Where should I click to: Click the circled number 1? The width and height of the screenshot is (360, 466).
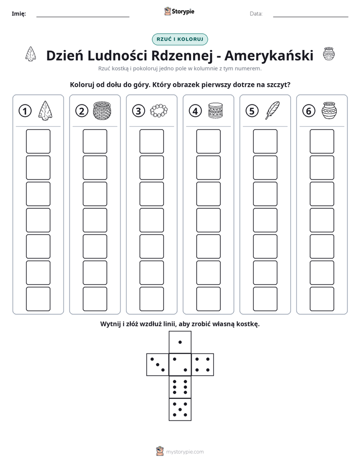click(25, 111)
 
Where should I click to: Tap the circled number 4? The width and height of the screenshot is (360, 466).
click(195, 111)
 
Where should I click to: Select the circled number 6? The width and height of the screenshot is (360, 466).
click(309, 111)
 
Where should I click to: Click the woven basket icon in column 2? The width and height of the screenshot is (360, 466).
click(102, 110)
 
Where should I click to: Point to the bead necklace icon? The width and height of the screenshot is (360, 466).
click(159, 110)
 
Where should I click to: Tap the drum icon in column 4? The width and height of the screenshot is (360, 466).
click(215, 110)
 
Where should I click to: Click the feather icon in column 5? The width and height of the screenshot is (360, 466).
click(272, 110)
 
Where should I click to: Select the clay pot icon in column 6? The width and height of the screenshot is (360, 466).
click(329, 110)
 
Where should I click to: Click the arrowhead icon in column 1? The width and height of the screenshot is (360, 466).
click(45, 110)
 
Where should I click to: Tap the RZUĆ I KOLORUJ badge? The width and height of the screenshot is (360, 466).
click(180, 39)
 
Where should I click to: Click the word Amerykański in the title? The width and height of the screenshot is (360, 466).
click(269, 55)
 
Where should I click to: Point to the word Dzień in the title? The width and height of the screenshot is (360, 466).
click(65, 55)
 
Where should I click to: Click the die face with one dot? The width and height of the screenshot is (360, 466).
click(180, 342)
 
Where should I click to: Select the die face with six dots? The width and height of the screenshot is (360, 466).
click(180, 387)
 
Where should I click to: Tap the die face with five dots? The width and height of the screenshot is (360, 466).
click(180, 410)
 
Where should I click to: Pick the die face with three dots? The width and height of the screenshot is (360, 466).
click(158, 365)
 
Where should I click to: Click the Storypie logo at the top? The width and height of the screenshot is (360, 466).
click(179, 12)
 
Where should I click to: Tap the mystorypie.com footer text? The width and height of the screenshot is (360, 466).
click(185, 452)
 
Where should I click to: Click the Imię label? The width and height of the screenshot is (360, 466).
click(19, 14)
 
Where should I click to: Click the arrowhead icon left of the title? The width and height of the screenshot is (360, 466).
click(31, 54)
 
